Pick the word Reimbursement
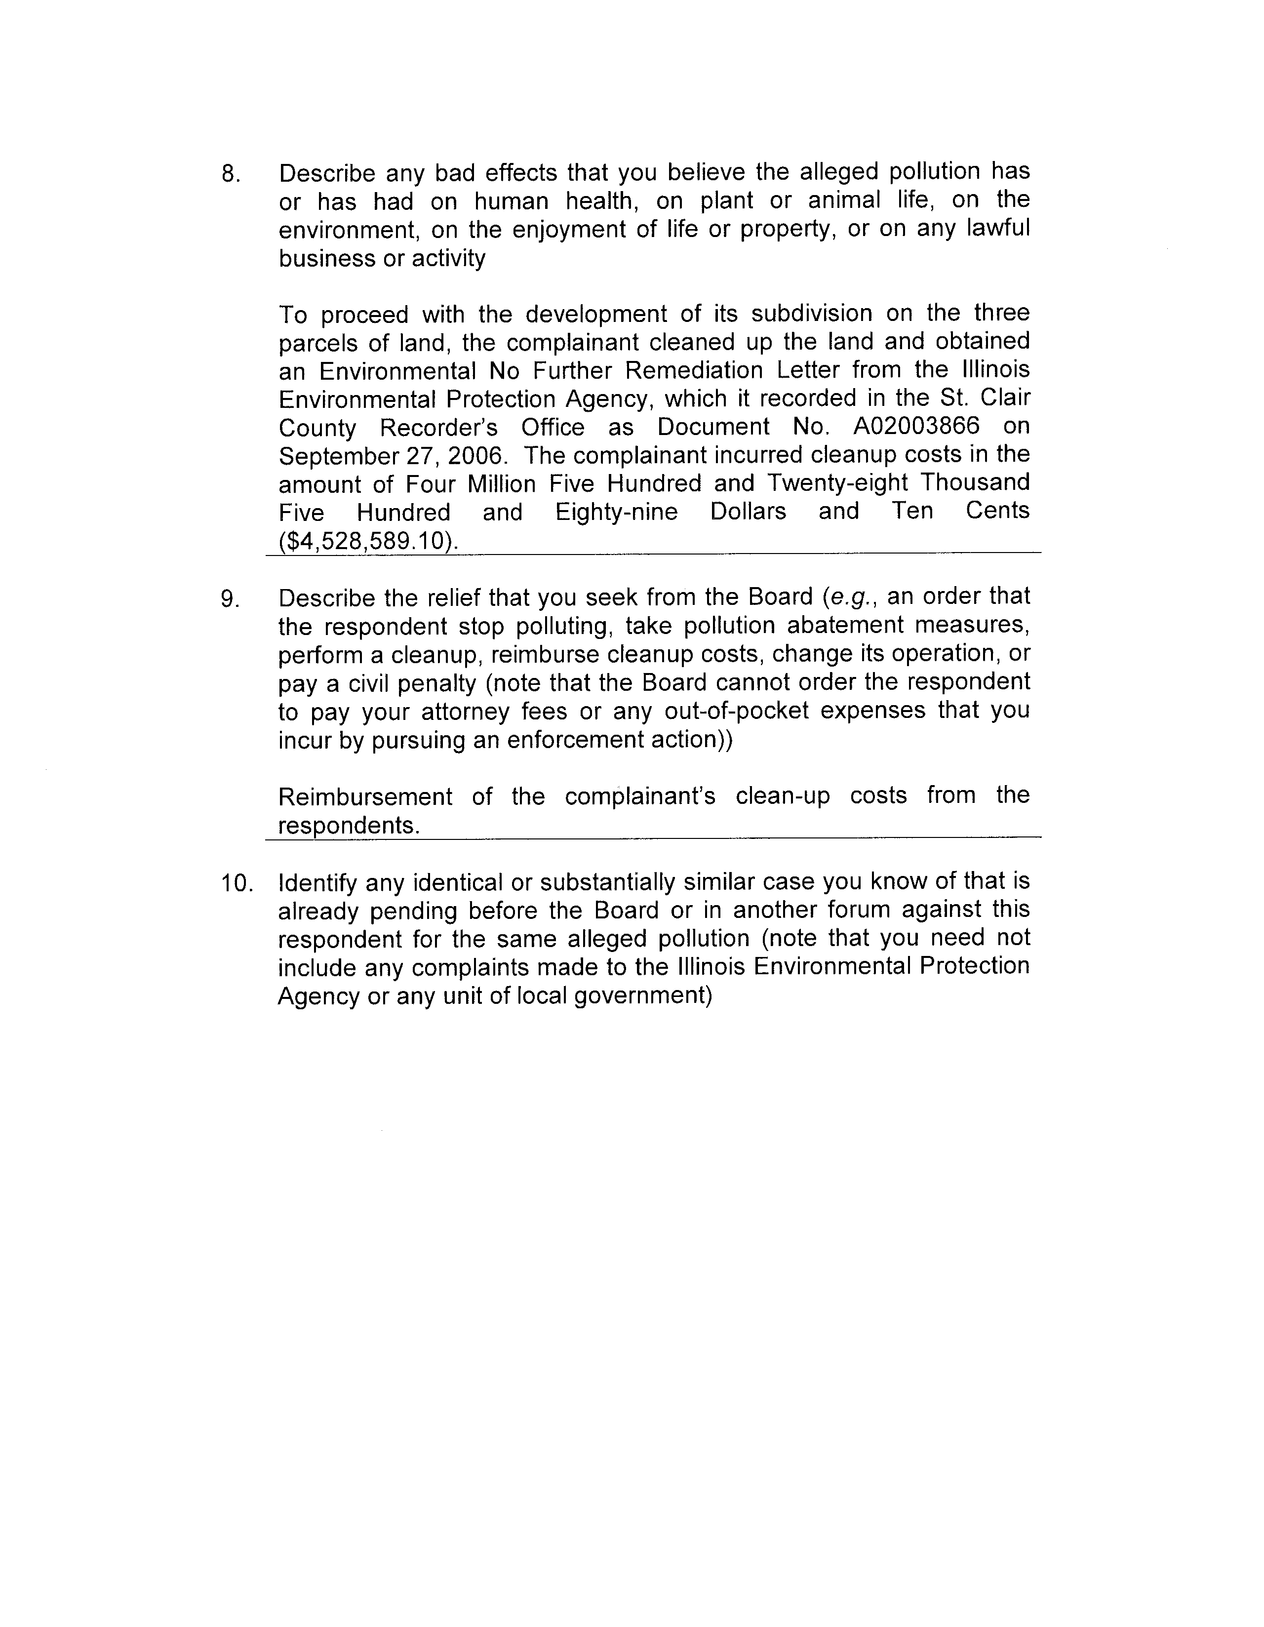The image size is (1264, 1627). tap(365, 796)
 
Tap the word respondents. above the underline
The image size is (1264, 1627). tap(349, 826)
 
